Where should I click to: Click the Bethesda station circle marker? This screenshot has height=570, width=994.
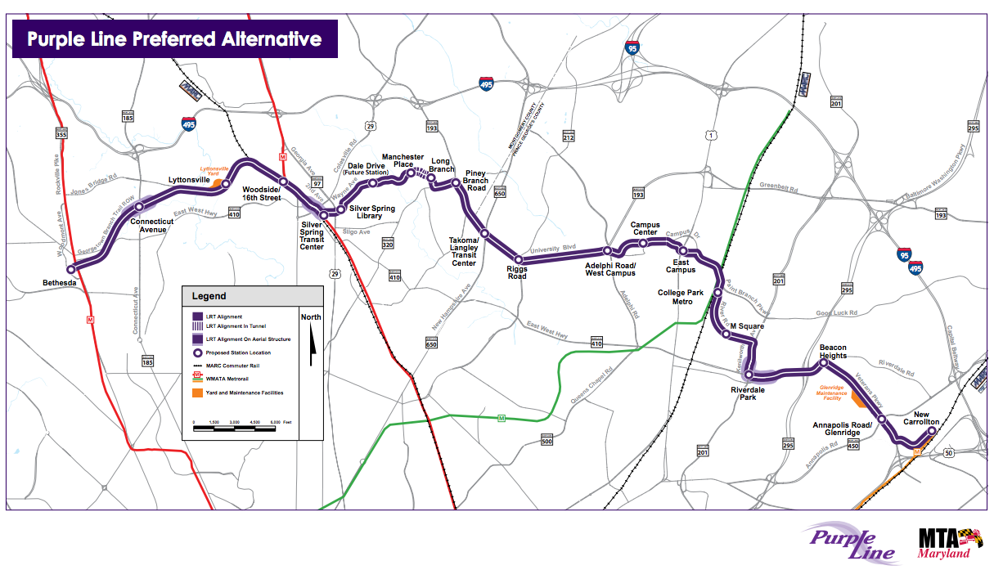coord(71,269)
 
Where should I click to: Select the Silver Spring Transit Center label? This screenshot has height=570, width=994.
coord(312,235)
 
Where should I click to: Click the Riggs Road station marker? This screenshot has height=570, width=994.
coord(518,260)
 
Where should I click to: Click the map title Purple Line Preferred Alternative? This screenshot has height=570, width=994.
coord(174,39)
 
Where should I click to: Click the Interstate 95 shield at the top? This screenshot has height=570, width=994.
coord(631,48)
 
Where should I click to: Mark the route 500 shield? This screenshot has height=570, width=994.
coord(547,442)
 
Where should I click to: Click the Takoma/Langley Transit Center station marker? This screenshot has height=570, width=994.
coord(484,234)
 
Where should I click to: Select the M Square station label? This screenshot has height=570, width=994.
coord(747,327)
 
